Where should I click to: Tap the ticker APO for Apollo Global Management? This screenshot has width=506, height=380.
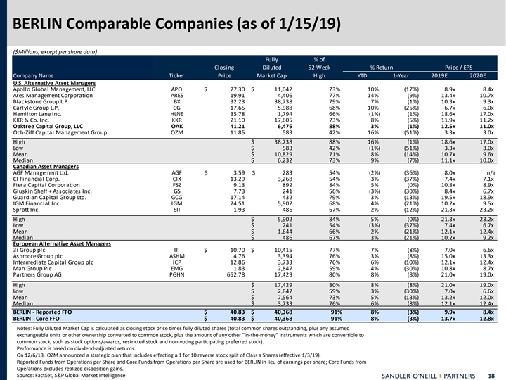click(x=177, y=89)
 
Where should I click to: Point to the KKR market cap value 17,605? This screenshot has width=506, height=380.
click(x=280, y=119)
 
